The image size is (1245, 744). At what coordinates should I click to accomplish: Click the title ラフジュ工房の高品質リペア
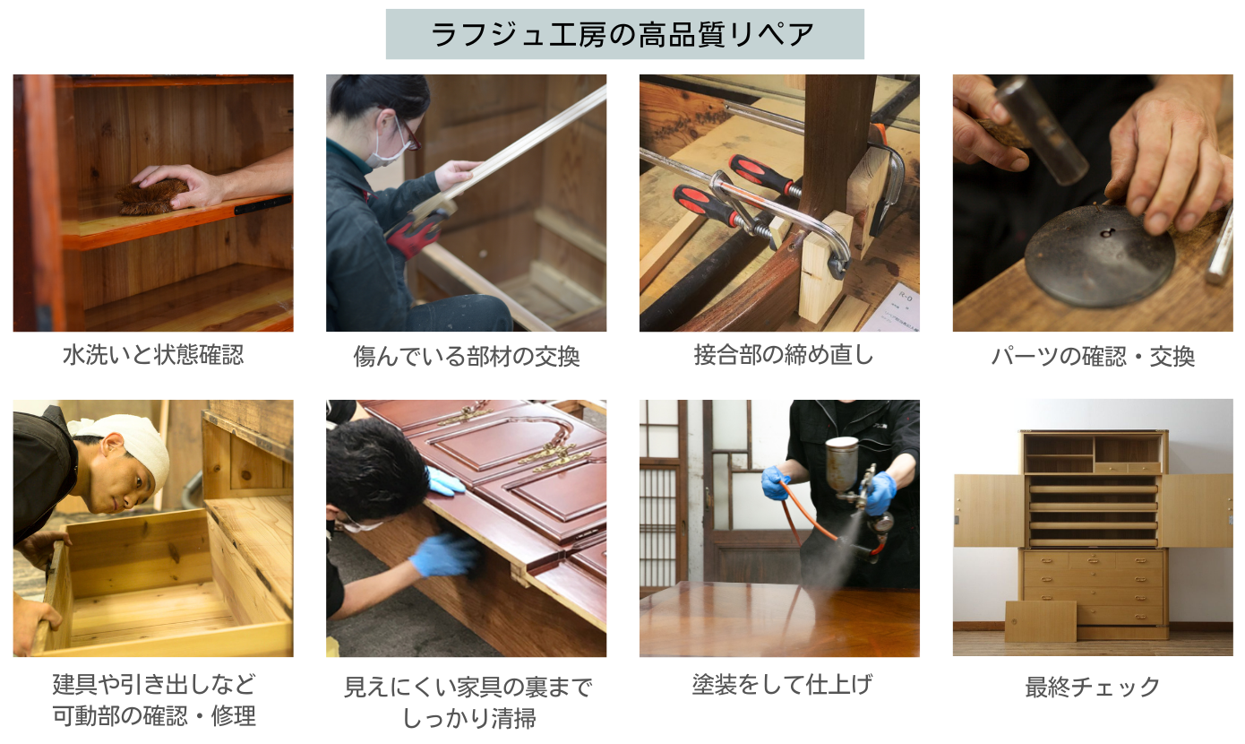pyautogui.click(x=624, y=34)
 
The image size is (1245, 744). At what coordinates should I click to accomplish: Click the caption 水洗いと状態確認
pyautogui.click(x=152, y=355)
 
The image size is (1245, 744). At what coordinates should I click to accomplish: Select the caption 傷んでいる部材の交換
pyautogui.click(x=466, y=357)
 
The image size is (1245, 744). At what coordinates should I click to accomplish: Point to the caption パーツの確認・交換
pyautogui.click(x=1093, y=357)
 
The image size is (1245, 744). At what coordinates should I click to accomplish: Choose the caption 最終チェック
pyautogui.click(x=1093, y=687)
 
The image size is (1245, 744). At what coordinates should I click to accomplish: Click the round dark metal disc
pyautogui.click(x=1098, y=255)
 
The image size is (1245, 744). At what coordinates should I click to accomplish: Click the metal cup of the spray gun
pyautogui.click(x=841, y=463)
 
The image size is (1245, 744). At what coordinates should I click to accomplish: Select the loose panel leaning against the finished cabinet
pyautogui.click(x=1040, y=621)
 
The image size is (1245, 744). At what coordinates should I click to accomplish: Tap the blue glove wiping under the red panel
pyautogui.click(x=443, y=557)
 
